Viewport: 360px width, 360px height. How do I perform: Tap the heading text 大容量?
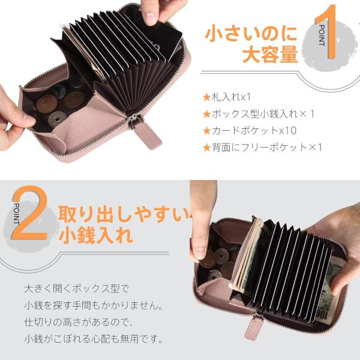click(270, 54)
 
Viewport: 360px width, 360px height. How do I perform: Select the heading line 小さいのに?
click(251, 34)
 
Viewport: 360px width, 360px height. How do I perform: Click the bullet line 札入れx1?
click(227, 97)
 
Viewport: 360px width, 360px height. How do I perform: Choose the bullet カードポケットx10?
click(250, 131)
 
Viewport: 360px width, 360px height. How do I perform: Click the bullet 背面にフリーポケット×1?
click(263, 148)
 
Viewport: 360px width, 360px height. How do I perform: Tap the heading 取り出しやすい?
click(124, 214)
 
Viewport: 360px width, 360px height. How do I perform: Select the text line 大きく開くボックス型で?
click(77, 289)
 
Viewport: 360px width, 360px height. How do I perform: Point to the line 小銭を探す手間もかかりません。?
click(94, 305)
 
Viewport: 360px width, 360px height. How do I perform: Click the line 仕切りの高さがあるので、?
click(79, 322)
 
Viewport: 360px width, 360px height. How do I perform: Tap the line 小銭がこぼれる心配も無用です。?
click(94, 339)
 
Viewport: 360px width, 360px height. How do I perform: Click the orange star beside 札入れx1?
click(207, 97)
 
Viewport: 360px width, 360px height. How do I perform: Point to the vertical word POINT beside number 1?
click(322, 35)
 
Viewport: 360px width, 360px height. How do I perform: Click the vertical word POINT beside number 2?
click(17, 214)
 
